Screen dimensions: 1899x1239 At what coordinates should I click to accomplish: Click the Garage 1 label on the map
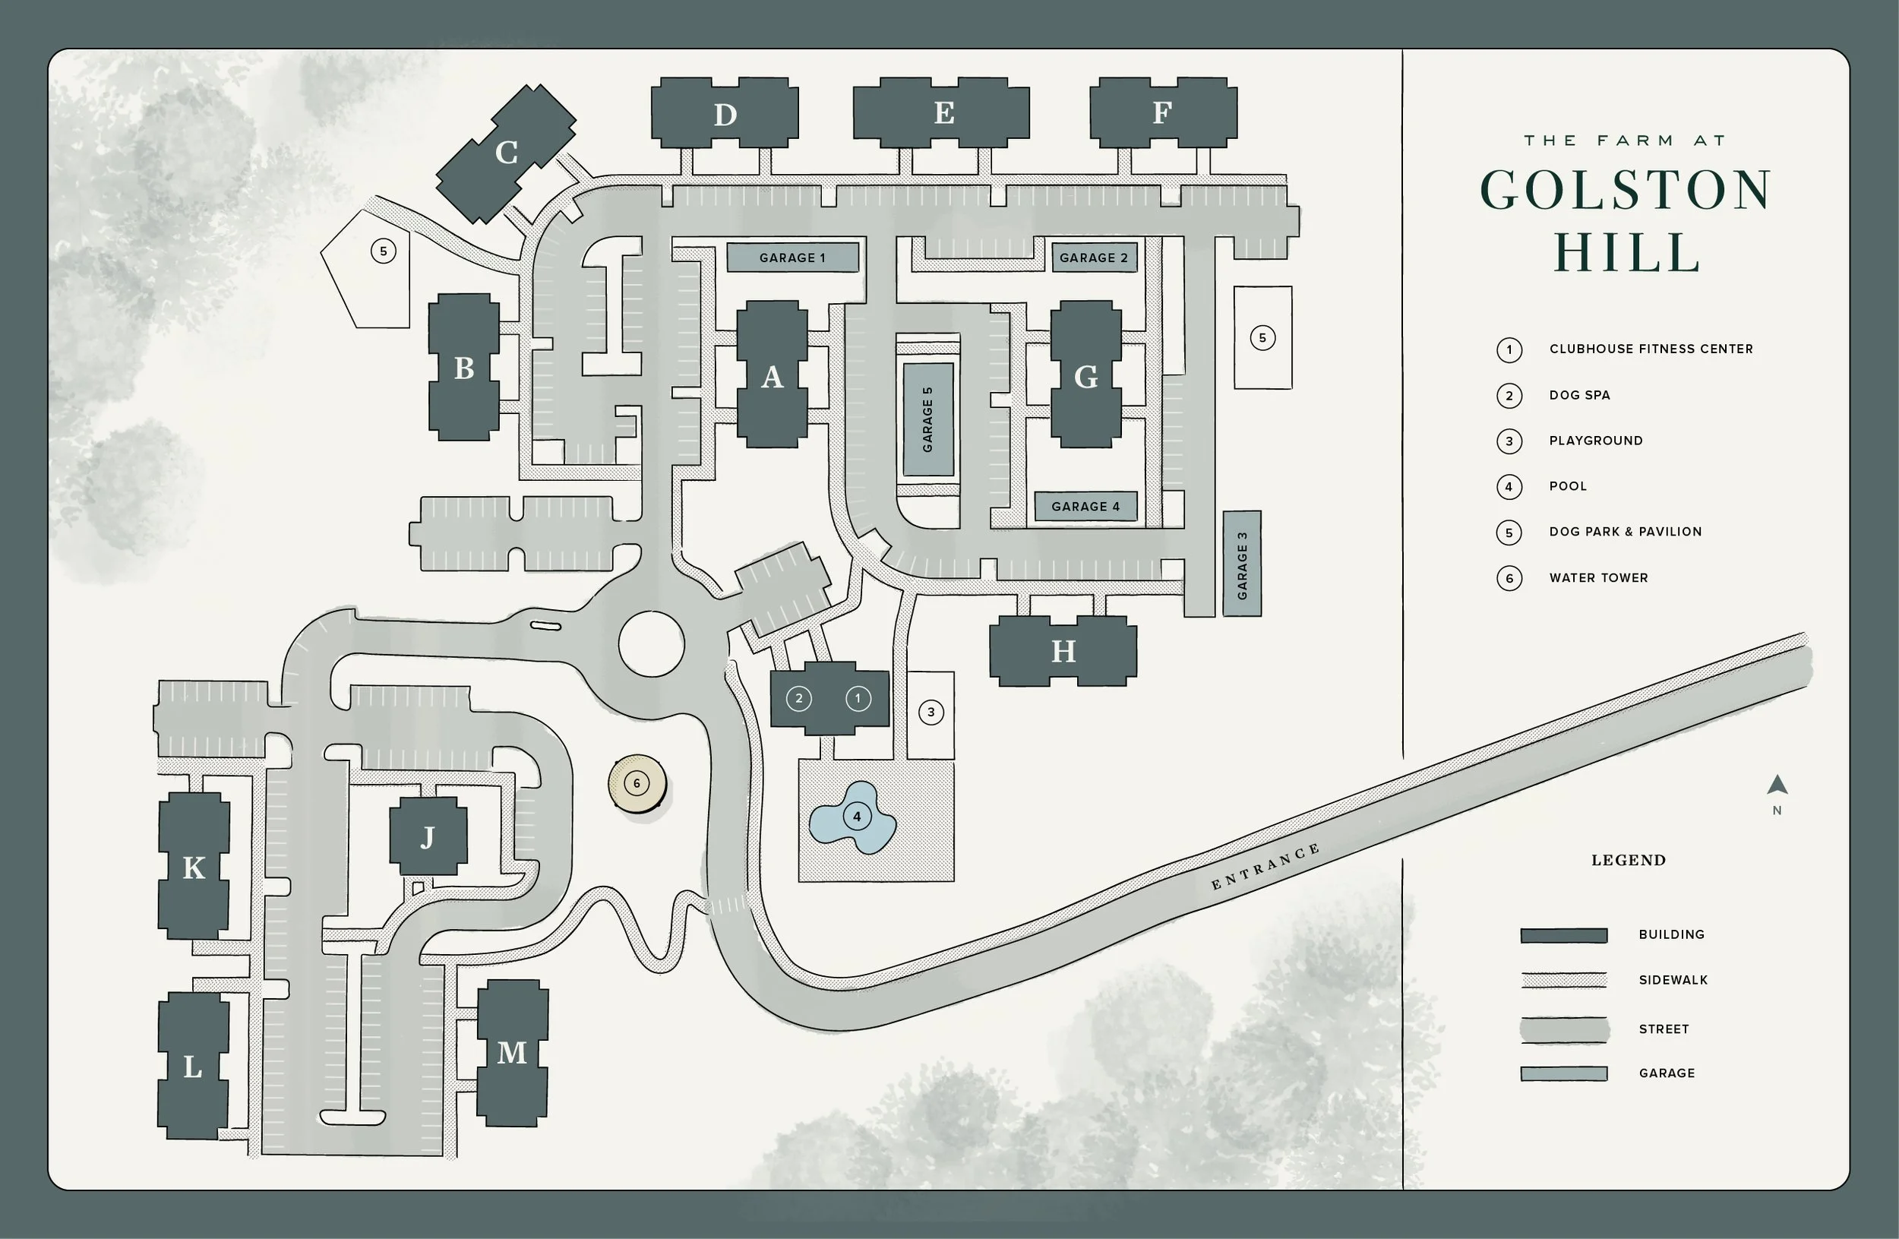click(x=792, y=258)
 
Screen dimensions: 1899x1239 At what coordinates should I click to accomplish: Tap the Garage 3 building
click(x=1241, y=564)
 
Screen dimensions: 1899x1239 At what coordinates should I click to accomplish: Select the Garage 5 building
click(x=927, y=419)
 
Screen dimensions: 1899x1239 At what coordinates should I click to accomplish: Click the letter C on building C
click(x=507, y=153)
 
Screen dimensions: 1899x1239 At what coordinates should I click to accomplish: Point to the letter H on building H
click(x=1063, y=652)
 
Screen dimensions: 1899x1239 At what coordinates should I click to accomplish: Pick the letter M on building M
click(x=511, y=1053)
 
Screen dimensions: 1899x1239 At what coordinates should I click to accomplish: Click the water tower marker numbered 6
click(x=636, y=783)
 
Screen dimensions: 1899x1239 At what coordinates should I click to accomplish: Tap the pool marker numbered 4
click(x=857, y=816)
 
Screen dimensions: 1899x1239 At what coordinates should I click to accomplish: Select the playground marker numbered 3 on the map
click(x=931, y=713)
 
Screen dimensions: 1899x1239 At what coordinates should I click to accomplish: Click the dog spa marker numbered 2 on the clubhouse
click(x=798, y=699)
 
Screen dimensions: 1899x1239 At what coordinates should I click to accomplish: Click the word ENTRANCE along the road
click(x=1265, y=867)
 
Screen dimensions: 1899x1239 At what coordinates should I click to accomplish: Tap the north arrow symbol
click(x=1777, y=785)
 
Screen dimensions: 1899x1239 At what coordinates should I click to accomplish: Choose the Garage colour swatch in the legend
click(x=1563, y=1074)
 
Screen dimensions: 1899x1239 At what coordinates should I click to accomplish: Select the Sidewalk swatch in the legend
click(x=1563, y=981)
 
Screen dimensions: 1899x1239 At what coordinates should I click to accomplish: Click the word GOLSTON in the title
click(x=1626, y=191)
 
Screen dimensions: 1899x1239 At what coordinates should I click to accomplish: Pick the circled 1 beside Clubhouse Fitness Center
click(x=1509, y=349)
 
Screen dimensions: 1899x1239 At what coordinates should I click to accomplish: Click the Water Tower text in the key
click(x=1598, y=577)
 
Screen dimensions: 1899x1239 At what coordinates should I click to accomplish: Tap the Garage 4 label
click(x=1085, y=507)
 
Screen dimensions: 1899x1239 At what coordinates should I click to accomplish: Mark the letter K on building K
click(x=194, y=868)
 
